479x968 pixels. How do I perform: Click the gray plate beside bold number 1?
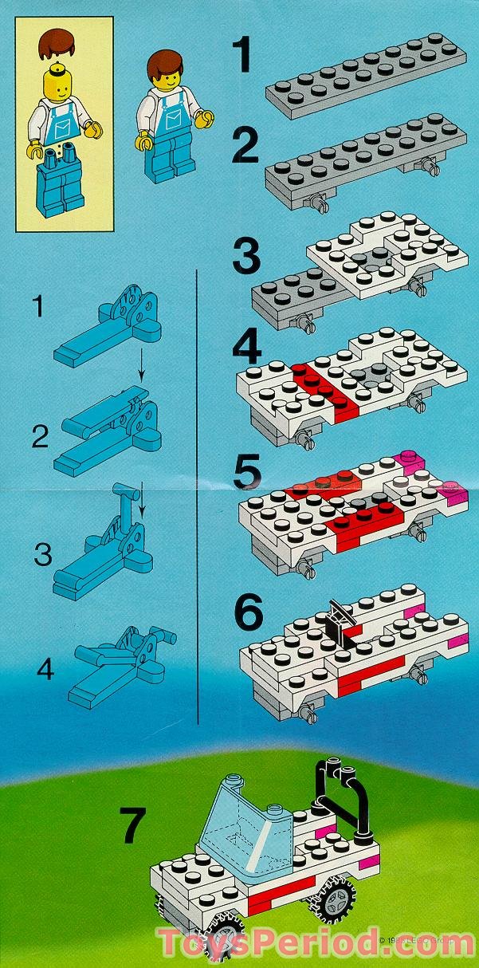click(365, 76)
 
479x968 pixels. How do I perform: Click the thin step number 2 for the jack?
click(40, 436)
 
